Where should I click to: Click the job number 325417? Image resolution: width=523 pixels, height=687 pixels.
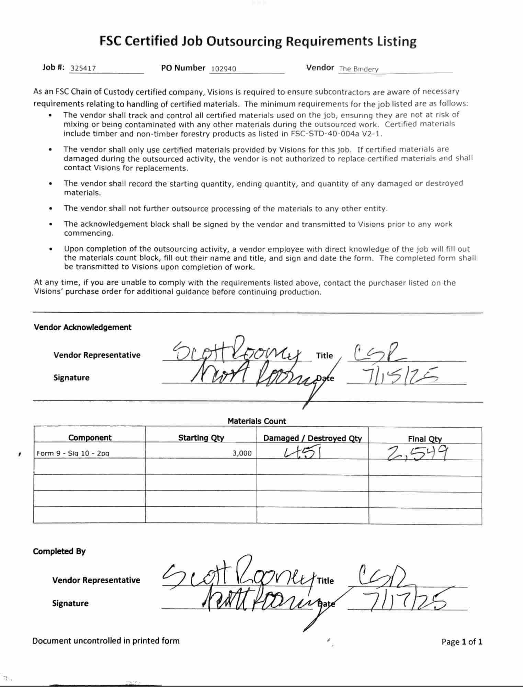(83, 68)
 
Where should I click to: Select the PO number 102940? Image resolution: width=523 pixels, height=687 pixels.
(223, 69)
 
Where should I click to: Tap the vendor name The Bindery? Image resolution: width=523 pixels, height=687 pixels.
(359, 69)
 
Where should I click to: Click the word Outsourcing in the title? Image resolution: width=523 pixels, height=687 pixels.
(244, 42)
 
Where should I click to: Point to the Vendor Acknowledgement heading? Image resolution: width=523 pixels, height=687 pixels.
(82, 327)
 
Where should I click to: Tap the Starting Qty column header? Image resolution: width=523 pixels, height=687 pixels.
(201, 438)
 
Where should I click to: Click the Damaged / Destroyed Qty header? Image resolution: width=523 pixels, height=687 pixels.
(312, 438)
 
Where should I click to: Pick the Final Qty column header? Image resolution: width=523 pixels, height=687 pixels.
(425, 439)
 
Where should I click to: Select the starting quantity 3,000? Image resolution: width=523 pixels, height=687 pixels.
(242, 453)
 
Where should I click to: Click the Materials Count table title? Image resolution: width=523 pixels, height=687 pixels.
(257, 421)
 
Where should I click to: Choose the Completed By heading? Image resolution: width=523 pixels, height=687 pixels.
(59, 551)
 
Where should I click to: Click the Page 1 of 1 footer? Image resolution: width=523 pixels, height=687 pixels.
(462, 642)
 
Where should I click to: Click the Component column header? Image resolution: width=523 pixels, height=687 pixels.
(90, 437)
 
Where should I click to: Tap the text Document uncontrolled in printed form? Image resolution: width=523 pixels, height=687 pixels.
(106, 641)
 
